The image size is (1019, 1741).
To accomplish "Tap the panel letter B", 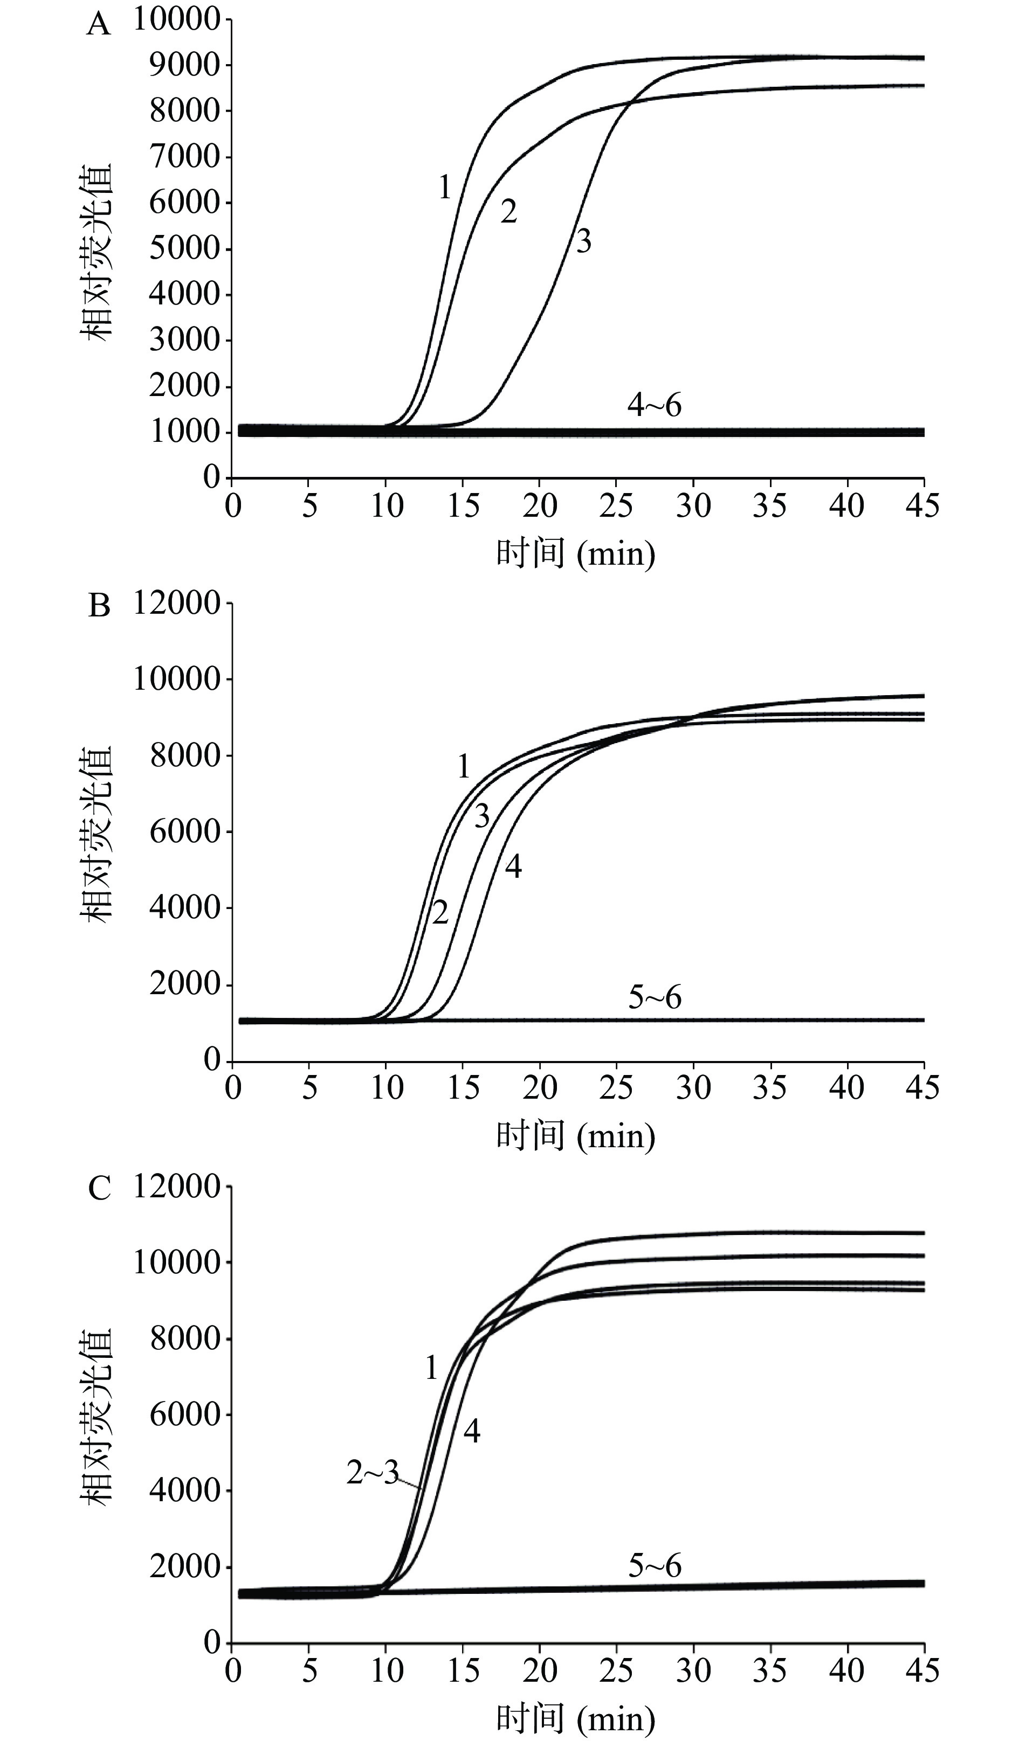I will [x=99, y=607].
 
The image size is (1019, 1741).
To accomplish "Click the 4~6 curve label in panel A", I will [x=654, y=406].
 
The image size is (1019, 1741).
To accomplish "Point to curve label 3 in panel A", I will [x=583, y=242].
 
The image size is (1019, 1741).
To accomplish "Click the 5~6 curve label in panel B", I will [x=654, y=997].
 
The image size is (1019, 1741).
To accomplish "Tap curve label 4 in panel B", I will [x=512, y=866].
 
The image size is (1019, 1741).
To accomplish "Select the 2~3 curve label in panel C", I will [x=373, y=1474].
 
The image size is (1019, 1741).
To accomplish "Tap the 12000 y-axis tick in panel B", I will [x=177, y=603].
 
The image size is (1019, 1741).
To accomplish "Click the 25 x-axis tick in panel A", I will [x=616, y=506].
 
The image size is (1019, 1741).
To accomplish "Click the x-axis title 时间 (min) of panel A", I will [x=575, y=553].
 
